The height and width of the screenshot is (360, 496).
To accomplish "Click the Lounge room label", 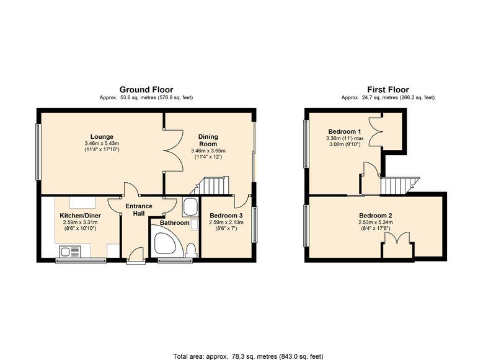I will point(101,136).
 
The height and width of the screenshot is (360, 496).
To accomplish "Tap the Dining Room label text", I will point(208,140).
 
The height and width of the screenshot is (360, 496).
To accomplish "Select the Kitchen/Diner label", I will point(78,215).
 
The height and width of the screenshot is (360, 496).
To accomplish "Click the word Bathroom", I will point(174,222).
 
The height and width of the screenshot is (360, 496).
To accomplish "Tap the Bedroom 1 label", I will point(344,131).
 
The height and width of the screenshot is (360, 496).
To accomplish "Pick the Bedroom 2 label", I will point(375,216).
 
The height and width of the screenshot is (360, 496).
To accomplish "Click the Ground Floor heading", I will point(146,90).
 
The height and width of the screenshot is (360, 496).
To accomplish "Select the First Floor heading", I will point(387,90).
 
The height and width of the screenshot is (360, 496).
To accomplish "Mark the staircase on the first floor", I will point(397,185).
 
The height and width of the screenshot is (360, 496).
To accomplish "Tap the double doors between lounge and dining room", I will point(172,150).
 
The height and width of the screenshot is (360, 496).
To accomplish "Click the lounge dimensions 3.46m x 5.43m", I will point(101,144).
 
